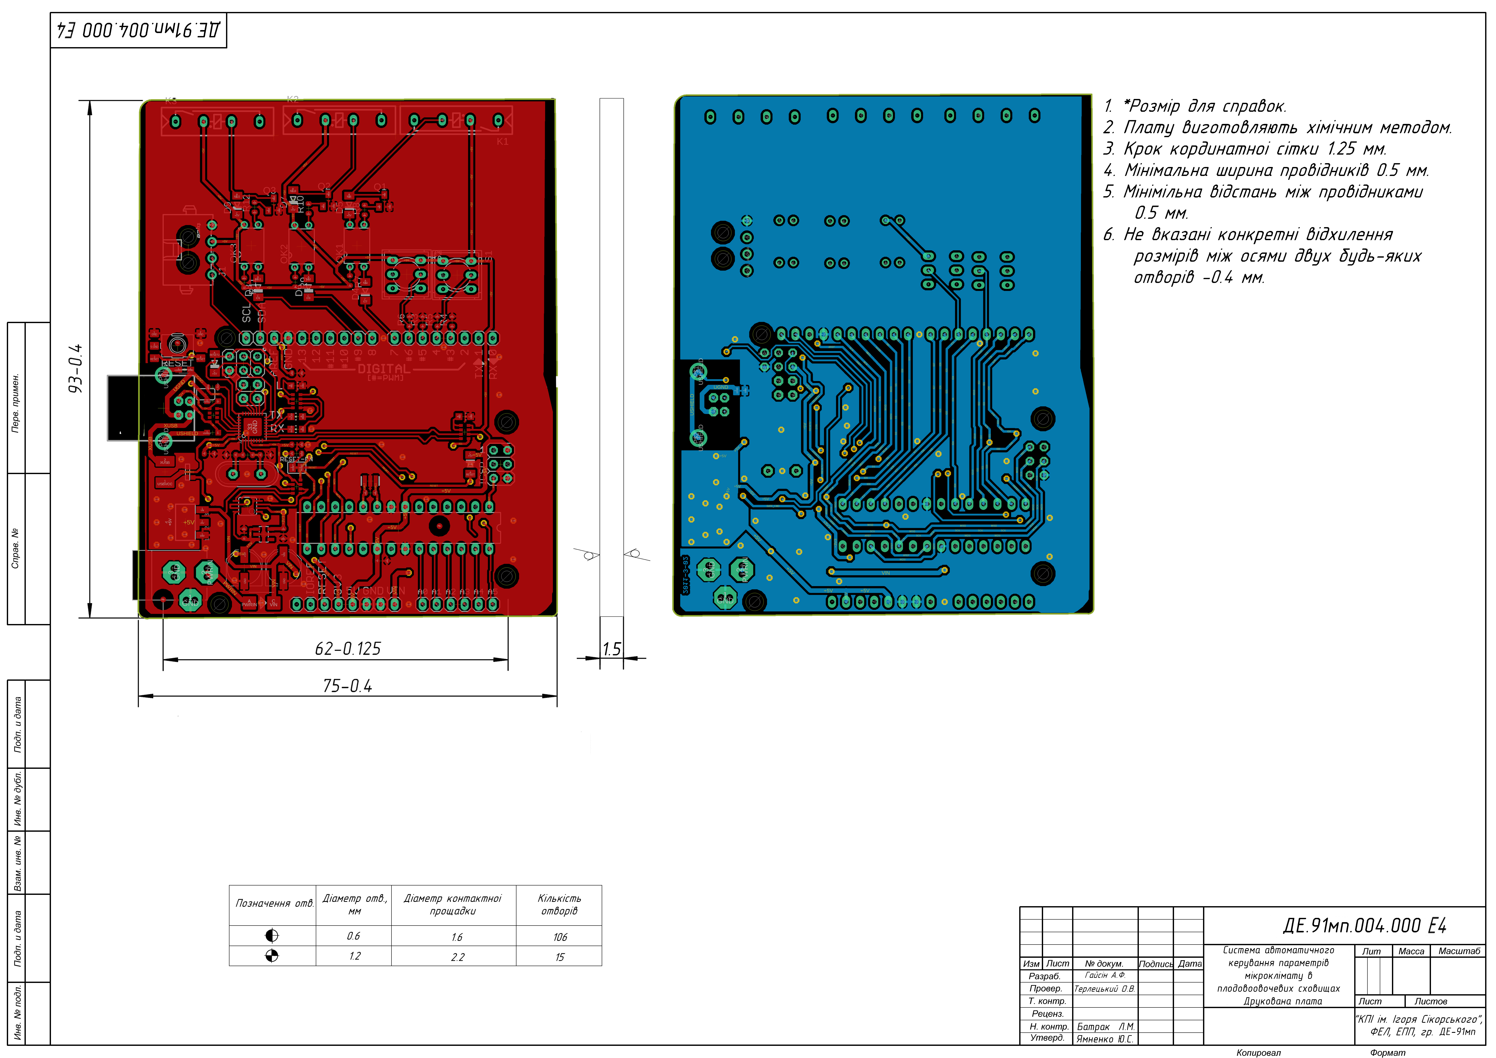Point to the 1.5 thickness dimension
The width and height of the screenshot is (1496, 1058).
[611, 649]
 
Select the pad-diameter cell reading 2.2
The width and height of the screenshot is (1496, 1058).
[457, 957]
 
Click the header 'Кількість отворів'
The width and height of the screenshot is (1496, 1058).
[559, 904]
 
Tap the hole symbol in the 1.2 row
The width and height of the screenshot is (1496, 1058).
[272, 956]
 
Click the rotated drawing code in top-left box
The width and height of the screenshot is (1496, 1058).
[138, 30]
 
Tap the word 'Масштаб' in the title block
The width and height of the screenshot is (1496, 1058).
[1459, 951]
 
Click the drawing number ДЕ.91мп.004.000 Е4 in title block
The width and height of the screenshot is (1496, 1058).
[1364, 926]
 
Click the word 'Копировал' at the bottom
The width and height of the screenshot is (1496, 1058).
[1258, 1052]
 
